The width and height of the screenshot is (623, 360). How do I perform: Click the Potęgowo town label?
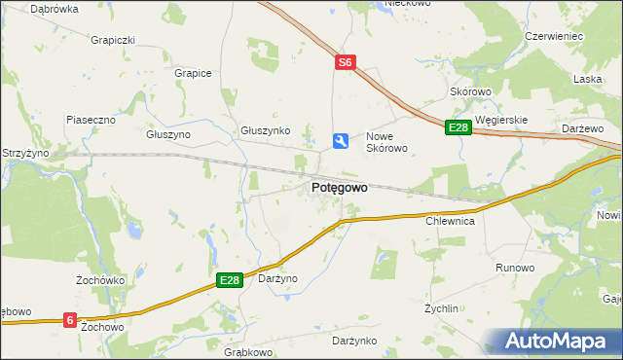coord(339,188)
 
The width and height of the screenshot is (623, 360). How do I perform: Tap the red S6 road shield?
coord(346,62)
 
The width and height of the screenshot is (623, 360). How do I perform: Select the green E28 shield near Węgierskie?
coord(458,127)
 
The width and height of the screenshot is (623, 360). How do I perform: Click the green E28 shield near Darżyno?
coord(229,280)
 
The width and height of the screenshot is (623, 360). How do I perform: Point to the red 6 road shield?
coord(70,319)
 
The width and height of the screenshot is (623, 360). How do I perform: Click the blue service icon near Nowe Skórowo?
coord(340,142)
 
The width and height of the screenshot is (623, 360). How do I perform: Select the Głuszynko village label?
coord(266,130)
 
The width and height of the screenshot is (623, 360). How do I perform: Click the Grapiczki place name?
coord(112,41)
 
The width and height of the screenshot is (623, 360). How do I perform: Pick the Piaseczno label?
coord(91,119)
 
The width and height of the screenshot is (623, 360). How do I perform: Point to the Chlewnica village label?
coord(450,222)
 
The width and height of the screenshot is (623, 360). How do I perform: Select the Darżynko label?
coord(353,341)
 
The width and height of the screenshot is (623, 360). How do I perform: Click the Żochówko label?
coord(97,279)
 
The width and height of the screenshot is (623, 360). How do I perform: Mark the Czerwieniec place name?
coord(553,36)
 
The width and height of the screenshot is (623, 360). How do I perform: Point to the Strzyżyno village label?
coord(25,153)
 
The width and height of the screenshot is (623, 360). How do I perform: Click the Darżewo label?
coord(584,127)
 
